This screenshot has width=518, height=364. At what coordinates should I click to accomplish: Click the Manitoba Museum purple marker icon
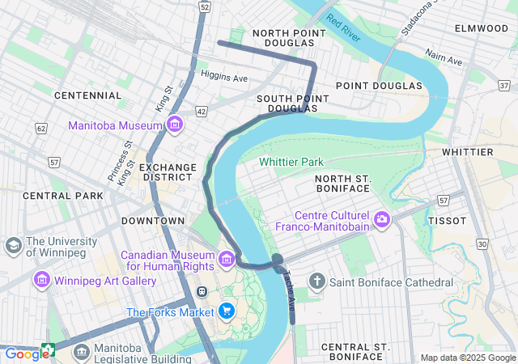[175, 125]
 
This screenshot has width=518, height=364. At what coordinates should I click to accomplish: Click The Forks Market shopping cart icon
[227, 311]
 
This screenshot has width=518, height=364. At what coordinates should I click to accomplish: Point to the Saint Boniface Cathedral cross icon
[317, 282]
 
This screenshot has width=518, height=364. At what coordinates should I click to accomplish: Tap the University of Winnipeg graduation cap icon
[13, 245]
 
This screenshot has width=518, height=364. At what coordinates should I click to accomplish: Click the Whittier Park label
[291, 162]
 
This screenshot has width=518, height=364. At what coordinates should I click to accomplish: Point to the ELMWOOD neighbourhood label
[482, 28]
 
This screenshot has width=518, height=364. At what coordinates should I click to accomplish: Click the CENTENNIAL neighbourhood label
[87, 95]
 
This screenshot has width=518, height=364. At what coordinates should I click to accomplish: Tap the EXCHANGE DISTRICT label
[168, 173]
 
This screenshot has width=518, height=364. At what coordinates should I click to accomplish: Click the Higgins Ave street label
[224, 78]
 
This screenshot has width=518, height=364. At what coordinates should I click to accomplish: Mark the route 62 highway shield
[41, 128]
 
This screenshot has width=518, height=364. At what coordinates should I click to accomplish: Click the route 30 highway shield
[483, 243]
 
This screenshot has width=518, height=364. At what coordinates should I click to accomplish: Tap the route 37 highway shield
[505, 85]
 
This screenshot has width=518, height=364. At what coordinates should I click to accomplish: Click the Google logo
[26, 353]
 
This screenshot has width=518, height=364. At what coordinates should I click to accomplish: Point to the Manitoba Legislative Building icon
[81, 352]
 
